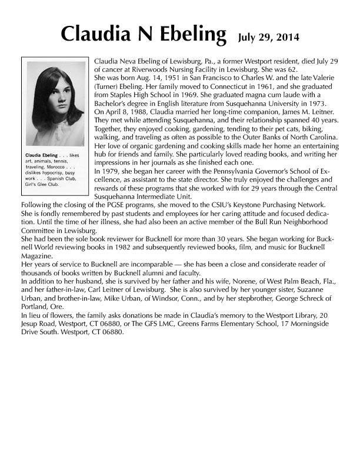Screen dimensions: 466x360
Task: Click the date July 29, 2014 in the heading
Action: pyautogui.click(x=269, y=37)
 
